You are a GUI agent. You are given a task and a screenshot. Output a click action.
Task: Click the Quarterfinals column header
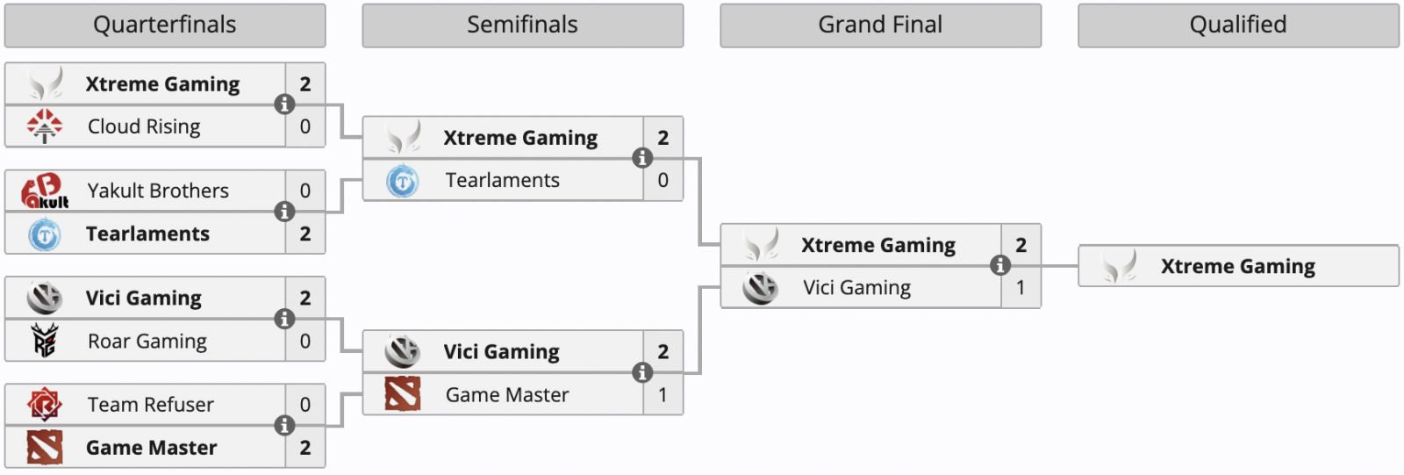(x=165, y=25)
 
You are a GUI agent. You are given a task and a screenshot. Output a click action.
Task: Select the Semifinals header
(x=522, y=25)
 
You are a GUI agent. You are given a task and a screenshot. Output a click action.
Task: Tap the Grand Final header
(x=880, y=25)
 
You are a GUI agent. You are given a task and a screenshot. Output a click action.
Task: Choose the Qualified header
(x=1238, y=25)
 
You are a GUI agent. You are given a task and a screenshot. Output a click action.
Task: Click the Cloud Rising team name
(x=144, y=126)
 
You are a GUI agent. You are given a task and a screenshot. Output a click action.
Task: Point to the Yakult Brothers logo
(x=45, y=191)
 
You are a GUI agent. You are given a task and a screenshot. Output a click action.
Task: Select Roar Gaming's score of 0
(x=304, y=341)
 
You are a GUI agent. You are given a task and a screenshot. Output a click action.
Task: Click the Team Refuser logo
(x=45, y=405)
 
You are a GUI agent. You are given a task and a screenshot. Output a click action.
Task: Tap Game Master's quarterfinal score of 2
(x=304, y=448)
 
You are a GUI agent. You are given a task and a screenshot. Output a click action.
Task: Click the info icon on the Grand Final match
(x=999, y=265)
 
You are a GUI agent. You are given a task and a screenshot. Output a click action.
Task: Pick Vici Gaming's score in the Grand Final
(x=1021, y=287)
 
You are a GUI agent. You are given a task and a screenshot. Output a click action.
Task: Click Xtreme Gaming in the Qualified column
(x=1237, y=266)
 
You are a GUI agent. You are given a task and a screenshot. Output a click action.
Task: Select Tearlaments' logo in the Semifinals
(x=403, y=181)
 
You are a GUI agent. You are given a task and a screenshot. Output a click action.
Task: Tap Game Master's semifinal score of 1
(x=663, y=395)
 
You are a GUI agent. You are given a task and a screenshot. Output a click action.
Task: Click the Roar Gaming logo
(x=45, y=341)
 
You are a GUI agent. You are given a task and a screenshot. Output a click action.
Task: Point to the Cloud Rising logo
(x=45, y=126)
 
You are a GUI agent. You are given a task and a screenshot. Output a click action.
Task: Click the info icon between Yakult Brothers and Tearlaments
(x=284, y=212)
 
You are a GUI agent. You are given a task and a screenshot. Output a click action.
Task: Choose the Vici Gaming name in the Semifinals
(x=501, y=352)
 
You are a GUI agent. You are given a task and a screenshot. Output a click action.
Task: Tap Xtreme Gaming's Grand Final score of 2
(x=1021, y=245)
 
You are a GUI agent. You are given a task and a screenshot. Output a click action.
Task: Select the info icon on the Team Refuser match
(x=284, y=426)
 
